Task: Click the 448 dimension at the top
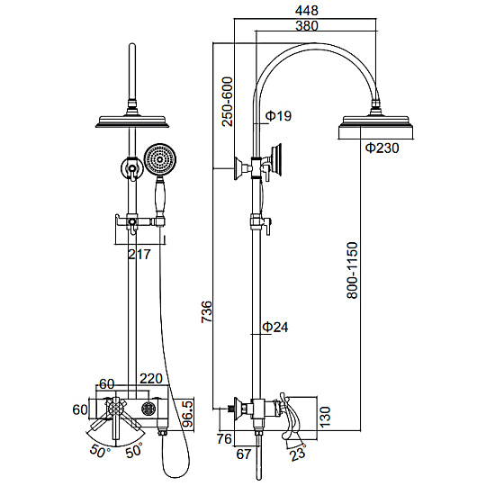[x=306, y=11]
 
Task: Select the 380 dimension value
[x=307, y=26]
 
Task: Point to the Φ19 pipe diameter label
[x=279, y=116]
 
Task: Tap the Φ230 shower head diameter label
[x=382, y=148]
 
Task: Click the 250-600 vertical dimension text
[x=227, y=102]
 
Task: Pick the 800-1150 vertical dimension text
[x=352, y=270]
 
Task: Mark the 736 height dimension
[x=206, y=311]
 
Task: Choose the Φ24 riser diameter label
[x=275, y=327]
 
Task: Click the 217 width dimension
[x=139, y=255]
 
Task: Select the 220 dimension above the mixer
[x=151, y=378]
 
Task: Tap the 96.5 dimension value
[x=187, y=415]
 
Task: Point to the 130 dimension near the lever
[x=326, y=417]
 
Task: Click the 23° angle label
[x=298, y=453]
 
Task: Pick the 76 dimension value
[x=224, y=439]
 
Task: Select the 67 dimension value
[x=243, y=454]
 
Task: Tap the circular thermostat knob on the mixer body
[x=148, y=409]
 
